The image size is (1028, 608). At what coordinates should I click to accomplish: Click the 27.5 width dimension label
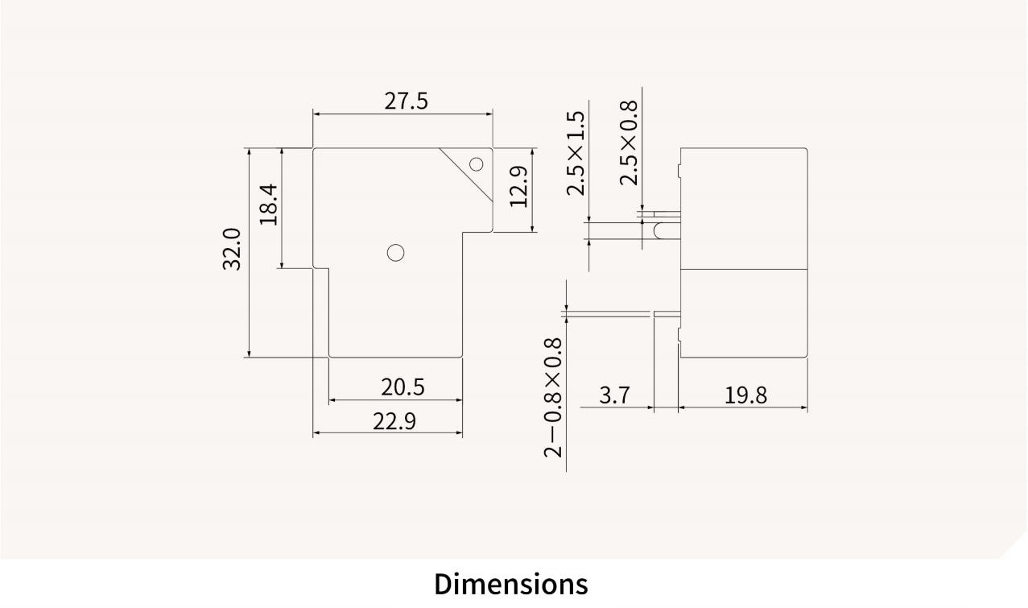[406, 101]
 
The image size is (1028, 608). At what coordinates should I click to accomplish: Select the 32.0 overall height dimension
[232, 249]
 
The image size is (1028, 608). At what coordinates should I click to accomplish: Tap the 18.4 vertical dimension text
[269, 205]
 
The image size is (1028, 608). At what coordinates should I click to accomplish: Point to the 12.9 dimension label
[518, 187]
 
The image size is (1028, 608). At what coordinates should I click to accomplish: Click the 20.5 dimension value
[403, 387]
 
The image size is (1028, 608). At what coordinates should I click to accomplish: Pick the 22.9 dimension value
[394, 421]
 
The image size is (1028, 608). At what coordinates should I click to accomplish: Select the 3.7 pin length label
[615, 395]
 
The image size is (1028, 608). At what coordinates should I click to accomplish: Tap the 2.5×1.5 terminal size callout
[576, 154]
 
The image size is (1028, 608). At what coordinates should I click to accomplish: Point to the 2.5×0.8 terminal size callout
[629, 143]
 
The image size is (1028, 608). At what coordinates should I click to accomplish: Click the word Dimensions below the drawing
[510, 583]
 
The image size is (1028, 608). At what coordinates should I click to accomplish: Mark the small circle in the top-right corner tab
[476, 164]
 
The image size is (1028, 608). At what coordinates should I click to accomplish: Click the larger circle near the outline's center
[394, 253]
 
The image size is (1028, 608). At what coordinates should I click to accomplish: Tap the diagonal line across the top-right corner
[465, 175]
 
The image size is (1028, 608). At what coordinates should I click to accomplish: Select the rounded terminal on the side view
[660, 231]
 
